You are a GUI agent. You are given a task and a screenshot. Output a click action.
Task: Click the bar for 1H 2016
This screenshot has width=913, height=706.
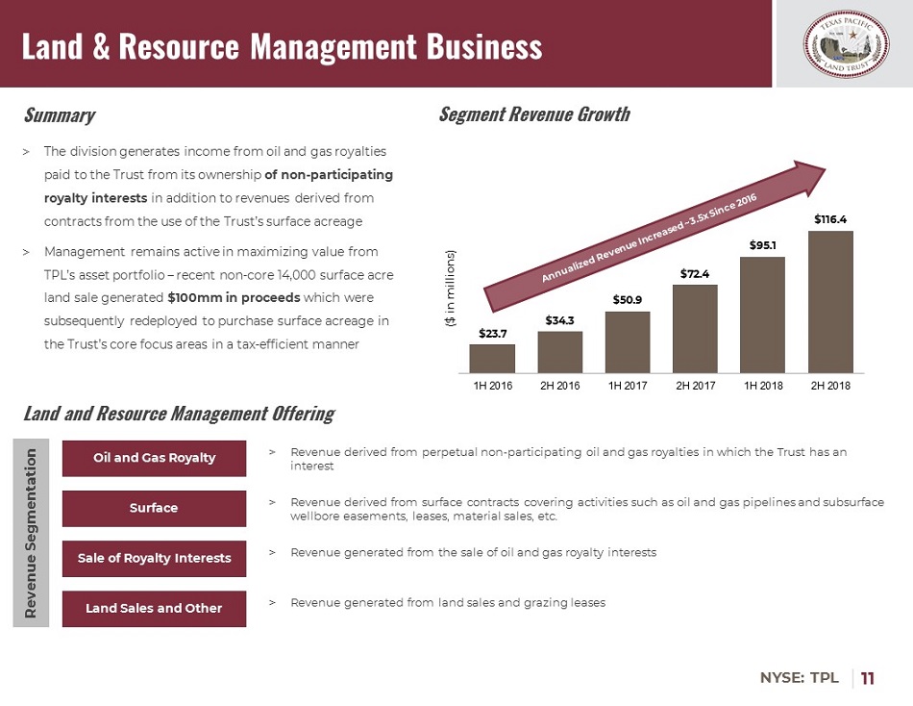[492, 358]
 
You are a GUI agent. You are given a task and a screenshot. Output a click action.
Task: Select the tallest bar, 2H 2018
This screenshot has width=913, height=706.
[830, 301]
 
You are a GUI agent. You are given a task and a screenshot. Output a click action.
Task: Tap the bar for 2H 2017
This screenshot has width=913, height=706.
[695, 328]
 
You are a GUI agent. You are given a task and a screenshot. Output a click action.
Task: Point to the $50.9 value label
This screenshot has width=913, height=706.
[628, 300]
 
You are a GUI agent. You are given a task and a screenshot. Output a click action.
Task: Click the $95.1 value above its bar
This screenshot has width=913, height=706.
[763, 245]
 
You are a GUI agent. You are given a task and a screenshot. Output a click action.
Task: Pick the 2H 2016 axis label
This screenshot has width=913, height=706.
[560, 386]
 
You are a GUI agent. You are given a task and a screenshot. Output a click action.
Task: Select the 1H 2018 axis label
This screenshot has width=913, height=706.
[763, 386]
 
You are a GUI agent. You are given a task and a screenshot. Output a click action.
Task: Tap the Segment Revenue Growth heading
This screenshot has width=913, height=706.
[534, 114]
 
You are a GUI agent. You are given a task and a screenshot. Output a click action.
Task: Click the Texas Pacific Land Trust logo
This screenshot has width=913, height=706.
[843, 43]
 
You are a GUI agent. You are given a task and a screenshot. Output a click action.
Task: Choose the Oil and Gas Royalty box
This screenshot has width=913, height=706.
[154, 458]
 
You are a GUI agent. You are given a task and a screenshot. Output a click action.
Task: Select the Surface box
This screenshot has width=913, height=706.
[154, 508]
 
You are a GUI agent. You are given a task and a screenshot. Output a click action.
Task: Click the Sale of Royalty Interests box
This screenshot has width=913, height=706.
[154, 558]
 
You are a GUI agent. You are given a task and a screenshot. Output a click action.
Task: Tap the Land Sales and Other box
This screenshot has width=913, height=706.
[154, 608]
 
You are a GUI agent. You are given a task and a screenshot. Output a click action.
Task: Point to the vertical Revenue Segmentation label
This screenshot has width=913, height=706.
[32, 533]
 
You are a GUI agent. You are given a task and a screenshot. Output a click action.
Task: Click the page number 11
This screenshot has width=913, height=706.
[868, 678]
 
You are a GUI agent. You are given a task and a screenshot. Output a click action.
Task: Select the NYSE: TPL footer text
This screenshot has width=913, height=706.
[800, 678]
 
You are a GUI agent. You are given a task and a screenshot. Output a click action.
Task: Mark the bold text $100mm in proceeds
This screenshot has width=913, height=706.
[234, 297]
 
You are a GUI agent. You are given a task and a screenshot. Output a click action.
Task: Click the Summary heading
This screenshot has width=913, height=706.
[59, 115]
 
